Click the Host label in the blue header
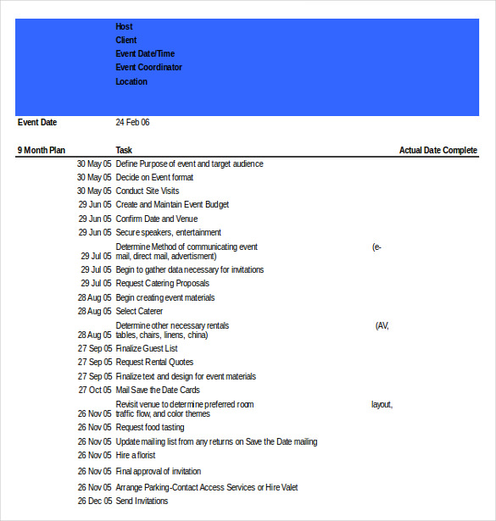point(124,26)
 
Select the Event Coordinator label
point(148,67)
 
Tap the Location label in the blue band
point(131,81)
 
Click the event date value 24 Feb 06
point(132,122)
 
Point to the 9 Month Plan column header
point(41,150)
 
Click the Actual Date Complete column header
point(437,150)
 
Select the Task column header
point(124,150)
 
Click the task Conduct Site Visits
point(147,191)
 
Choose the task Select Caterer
point(139,311)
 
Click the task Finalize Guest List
point(147,348)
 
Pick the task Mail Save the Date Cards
point(158,390)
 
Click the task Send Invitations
point(142,501)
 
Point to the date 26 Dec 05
point(94,501)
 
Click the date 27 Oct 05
point(95,390)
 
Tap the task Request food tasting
point(149,427)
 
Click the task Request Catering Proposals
point(162,283)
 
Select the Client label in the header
point(125,40)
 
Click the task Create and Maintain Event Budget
point(172,204)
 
